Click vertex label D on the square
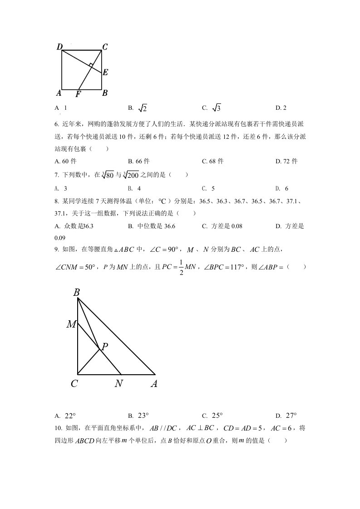click(59, 47)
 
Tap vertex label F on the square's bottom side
click(78, 94)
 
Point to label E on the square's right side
click(105, 72)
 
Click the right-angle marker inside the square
click(92, 66)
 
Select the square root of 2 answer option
click(143, 108)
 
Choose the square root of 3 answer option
click(216, 108)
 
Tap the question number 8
click(56, 201)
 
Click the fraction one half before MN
click(180, 268)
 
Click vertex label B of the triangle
click(77, 293)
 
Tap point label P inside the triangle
click(104, 347)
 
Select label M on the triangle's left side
click(71, 324)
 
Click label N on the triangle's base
click(118, 384)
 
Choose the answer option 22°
click(70, 415)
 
